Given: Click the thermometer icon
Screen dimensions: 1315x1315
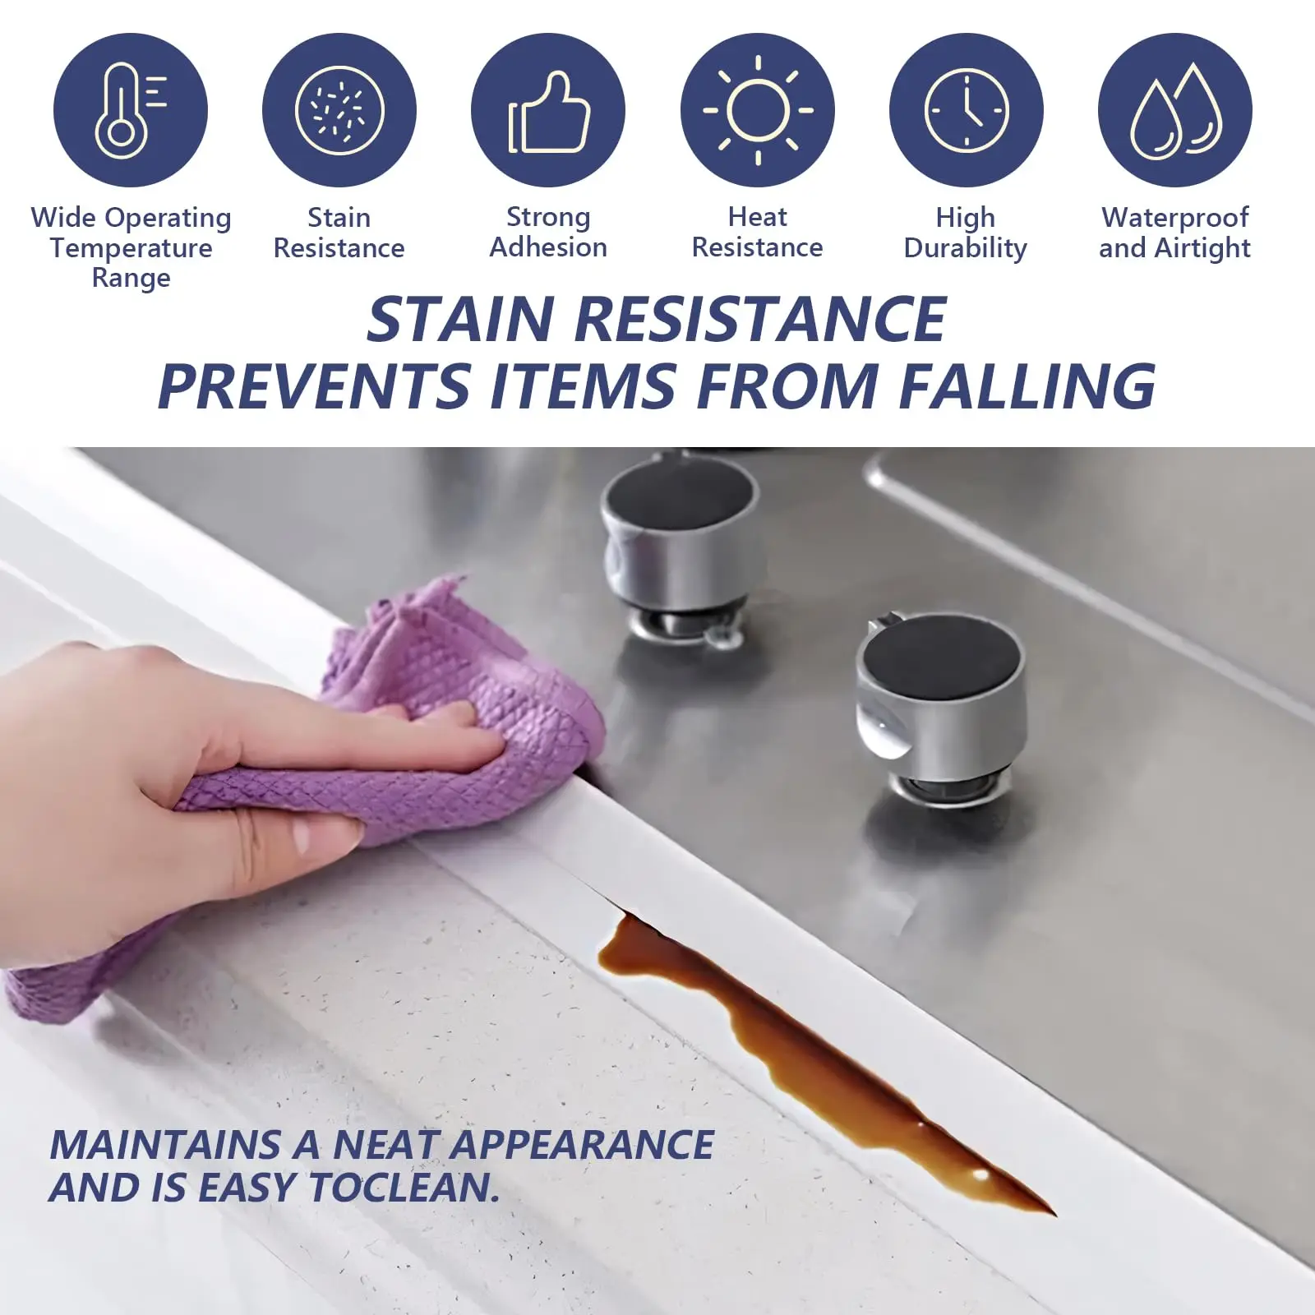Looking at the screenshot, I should (x=130, y=110).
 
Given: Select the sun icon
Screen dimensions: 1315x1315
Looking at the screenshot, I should (x=757, y=110).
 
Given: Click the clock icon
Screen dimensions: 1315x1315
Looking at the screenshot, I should (x=966, y=110).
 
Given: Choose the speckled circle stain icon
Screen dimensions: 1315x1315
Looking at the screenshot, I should (x=339, y=110).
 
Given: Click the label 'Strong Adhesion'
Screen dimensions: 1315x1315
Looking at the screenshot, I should (x=548, y=232).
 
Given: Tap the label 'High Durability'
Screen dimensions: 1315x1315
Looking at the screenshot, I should (x=966, y=233).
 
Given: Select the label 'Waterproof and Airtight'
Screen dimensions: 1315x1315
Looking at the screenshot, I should (x=1174, y=233).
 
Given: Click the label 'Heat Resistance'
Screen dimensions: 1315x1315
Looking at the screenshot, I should (x=757, y=232).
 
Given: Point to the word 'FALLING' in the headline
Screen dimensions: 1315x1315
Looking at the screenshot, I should (x=1027, y=385).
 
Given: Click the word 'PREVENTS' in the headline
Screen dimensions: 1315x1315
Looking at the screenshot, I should (x=313, y=385).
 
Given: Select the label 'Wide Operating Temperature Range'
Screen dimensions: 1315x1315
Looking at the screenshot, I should (x=131, y=247).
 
